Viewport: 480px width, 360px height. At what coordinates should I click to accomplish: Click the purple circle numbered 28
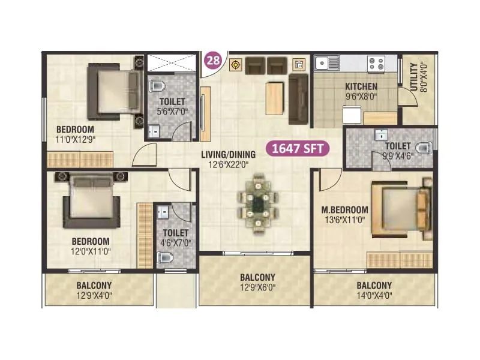pyautogui.click(x=212, y=60)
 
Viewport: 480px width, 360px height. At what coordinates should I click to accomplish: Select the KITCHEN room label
pyautogui.click(x=361, y=86)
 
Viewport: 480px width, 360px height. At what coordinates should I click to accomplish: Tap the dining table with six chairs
pyautogui.click(x=258, y=203)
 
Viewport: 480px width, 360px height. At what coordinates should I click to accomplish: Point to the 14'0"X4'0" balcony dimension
pyautogui.click(x=374, y=295)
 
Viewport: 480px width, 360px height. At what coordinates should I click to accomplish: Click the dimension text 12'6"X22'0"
pyautogui.click(x=228, y=163)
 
